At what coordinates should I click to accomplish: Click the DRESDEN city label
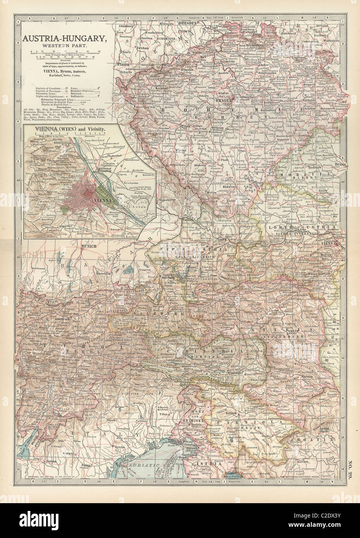[x=188, y=23]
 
